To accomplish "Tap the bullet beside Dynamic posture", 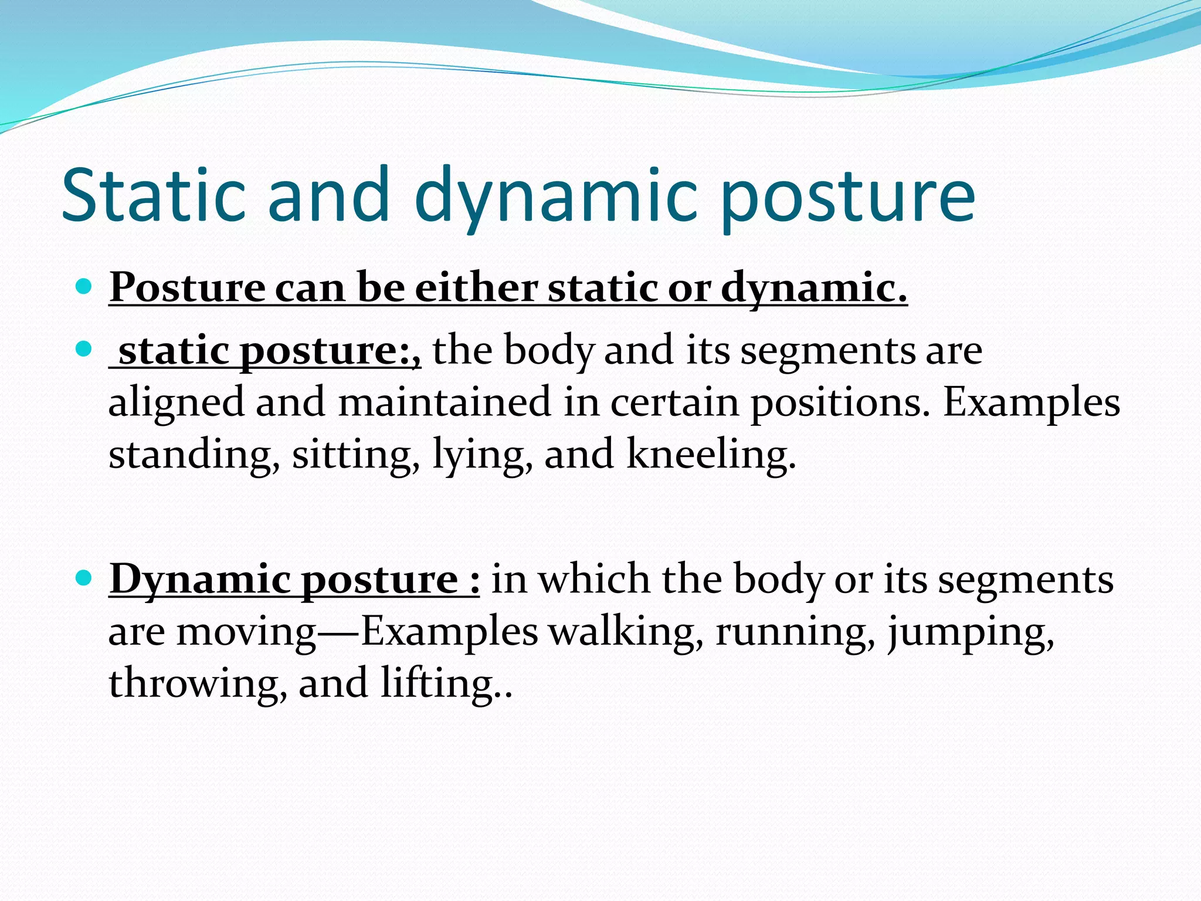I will coord(84,578).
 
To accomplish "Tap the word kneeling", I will coord(711,454).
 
